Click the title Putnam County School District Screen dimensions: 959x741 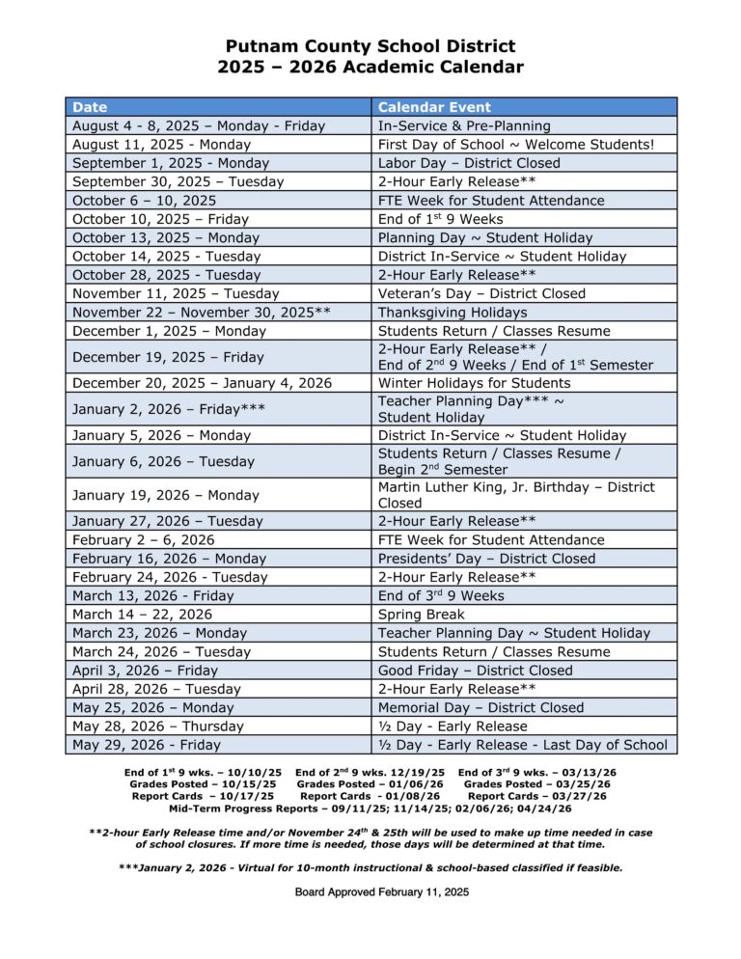(370, 46)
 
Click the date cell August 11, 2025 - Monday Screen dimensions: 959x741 (161, 145)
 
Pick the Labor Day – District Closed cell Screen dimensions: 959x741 (469, 163)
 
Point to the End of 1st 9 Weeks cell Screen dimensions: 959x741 (440, 219)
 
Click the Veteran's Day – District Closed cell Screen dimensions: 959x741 (481, 293)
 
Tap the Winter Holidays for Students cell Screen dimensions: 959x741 (474, 383)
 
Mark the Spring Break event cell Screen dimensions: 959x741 (421, 615)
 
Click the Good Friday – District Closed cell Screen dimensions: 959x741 (475, 671)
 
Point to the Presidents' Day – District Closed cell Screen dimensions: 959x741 (486, 559)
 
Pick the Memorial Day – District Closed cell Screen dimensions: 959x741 (480, 707)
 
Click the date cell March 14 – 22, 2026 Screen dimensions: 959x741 (142, 615)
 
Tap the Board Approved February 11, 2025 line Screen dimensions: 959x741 (382, 892)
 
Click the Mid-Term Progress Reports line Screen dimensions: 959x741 (370, 808)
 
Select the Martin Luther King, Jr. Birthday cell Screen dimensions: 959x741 (516, 495)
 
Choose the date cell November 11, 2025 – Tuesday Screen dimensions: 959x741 (176, 293)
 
